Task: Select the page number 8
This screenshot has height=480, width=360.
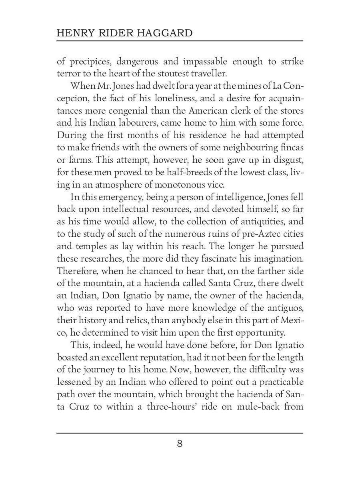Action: [180, 444]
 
